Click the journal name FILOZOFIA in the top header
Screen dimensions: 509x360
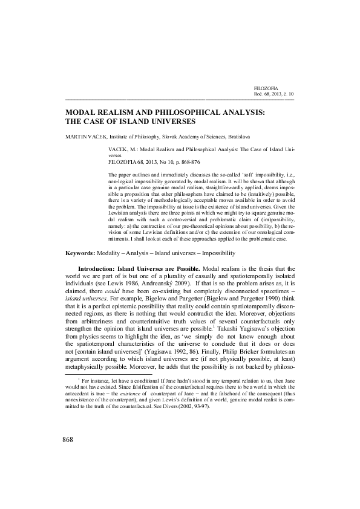(266, 88)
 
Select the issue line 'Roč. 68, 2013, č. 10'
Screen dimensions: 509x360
(273, 94)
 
